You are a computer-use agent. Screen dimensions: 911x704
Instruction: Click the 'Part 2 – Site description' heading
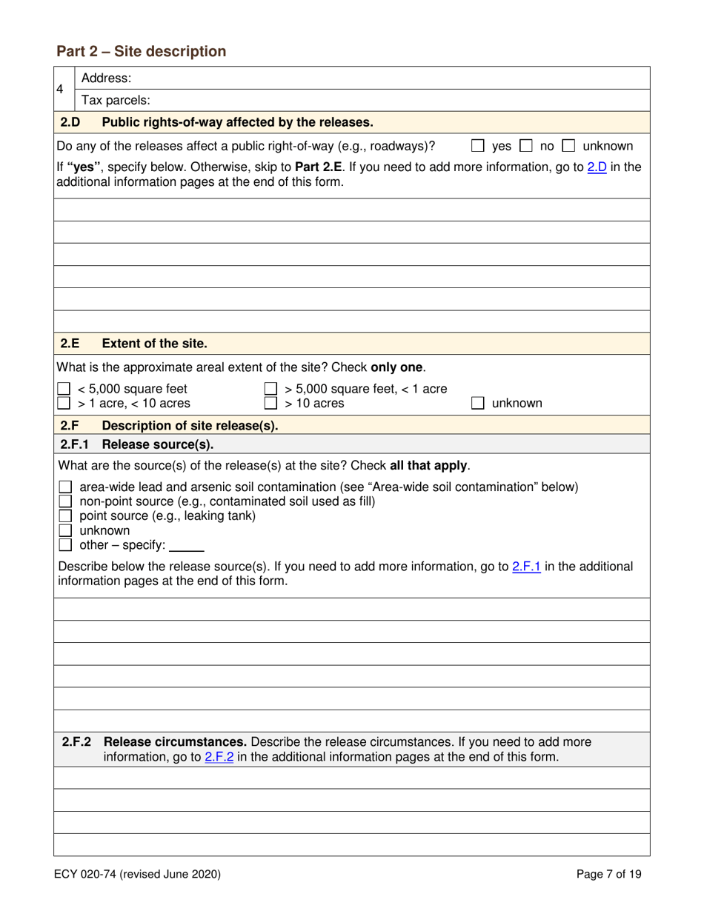141,51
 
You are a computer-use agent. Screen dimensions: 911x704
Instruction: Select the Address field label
107,78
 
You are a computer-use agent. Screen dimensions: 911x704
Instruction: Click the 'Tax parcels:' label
116,100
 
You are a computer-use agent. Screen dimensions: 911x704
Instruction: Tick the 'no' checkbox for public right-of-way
528,146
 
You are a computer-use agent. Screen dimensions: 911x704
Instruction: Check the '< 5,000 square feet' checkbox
64,389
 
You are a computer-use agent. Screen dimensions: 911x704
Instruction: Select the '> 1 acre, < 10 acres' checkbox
64,403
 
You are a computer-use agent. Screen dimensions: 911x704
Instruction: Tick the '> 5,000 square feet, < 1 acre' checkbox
271,389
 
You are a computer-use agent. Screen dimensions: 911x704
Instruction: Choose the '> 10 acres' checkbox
271,403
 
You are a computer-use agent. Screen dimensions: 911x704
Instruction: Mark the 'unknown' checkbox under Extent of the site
479,403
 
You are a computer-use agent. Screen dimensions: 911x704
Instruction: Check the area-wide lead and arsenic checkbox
64,487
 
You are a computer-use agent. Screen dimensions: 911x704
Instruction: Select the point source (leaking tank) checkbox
64,516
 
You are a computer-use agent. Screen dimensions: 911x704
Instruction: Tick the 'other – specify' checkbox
64,545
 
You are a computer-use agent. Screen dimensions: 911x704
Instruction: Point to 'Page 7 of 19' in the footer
609,875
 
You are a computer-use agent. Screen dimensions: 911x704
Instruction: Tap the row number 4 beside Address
61,89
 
